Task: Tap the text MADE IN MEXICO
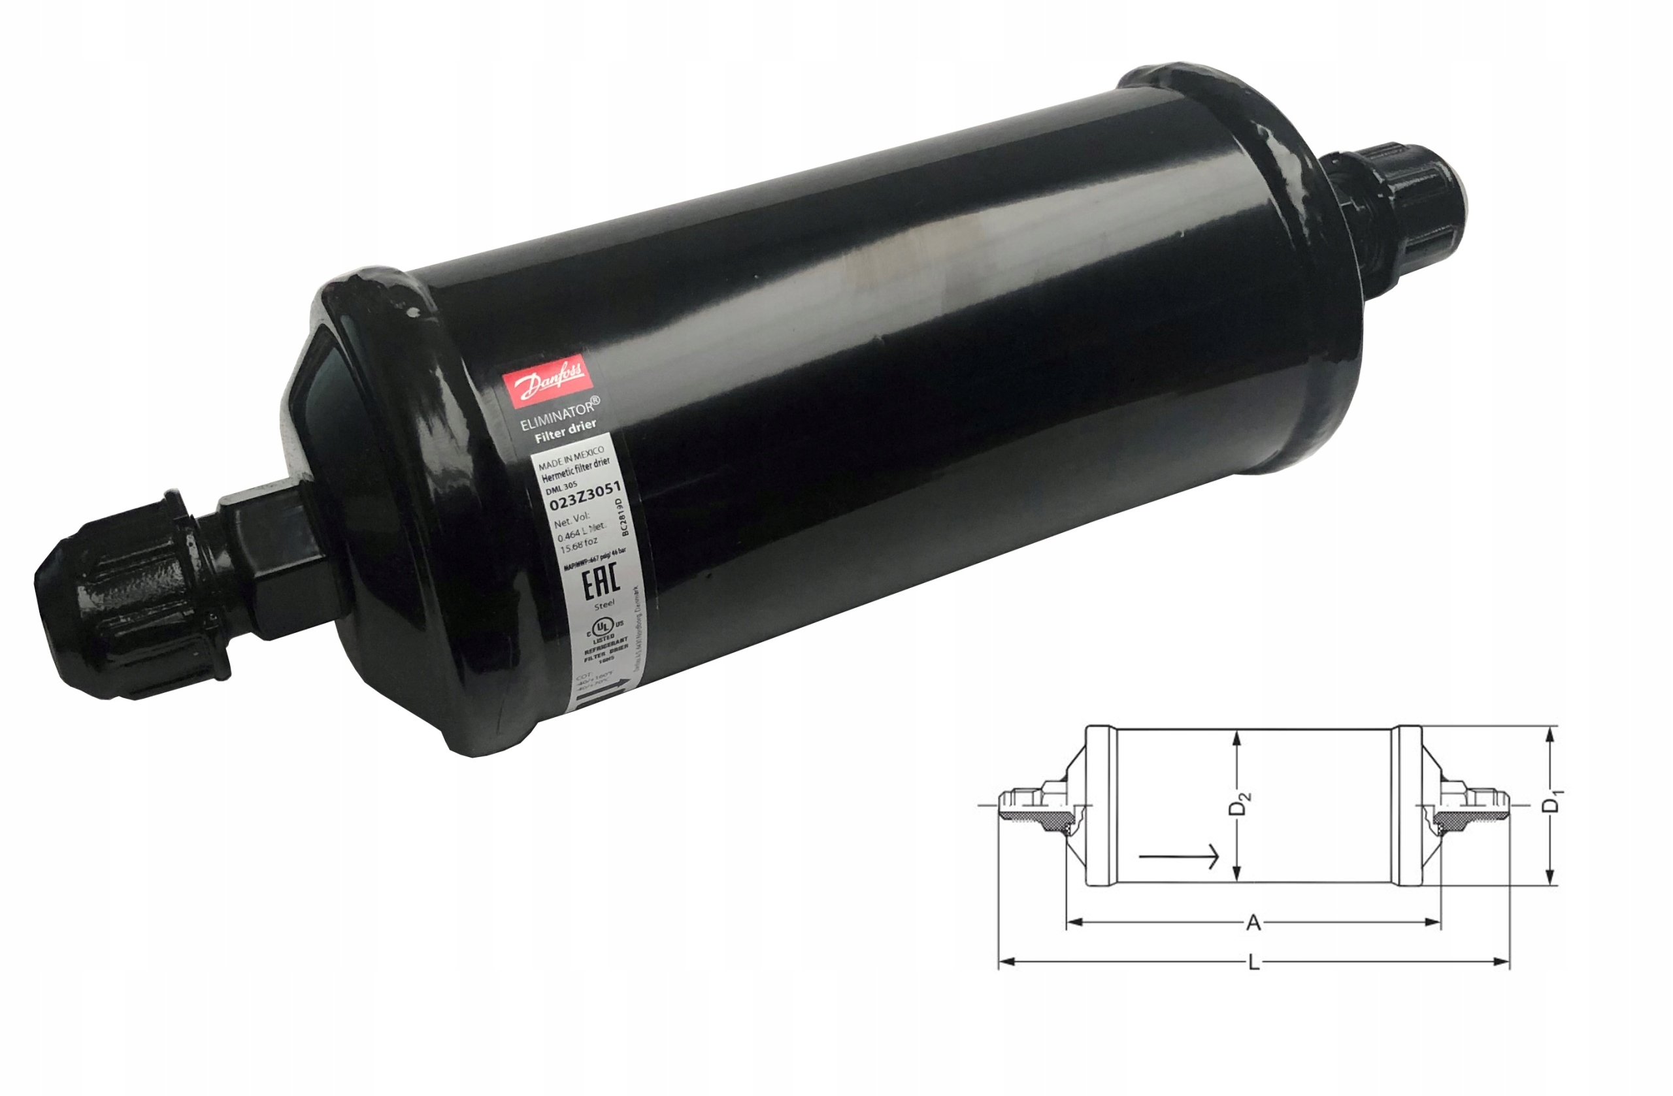[570, 457]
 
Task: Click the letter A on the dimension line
[1253, 922]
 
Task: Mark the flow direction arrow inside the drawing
[1178, 856]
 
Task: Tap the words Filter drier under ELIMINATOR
[565, 430]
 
